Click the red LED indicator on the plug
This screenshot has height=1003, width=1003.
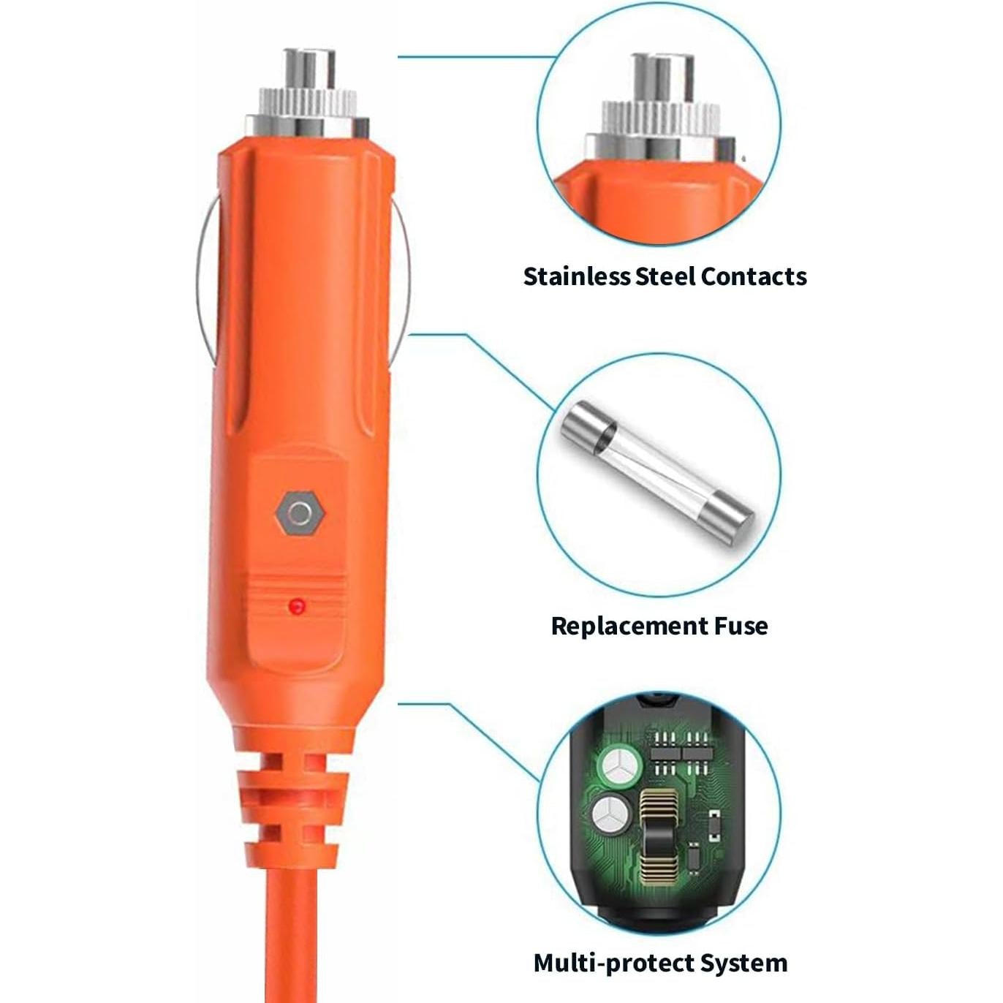297,606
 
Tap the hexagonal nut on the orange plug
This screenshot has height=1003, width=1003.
300,513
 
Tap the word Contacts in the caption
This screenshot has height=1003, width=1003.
753,276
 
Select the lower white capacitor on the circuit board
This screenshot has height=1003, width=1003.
612,814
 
